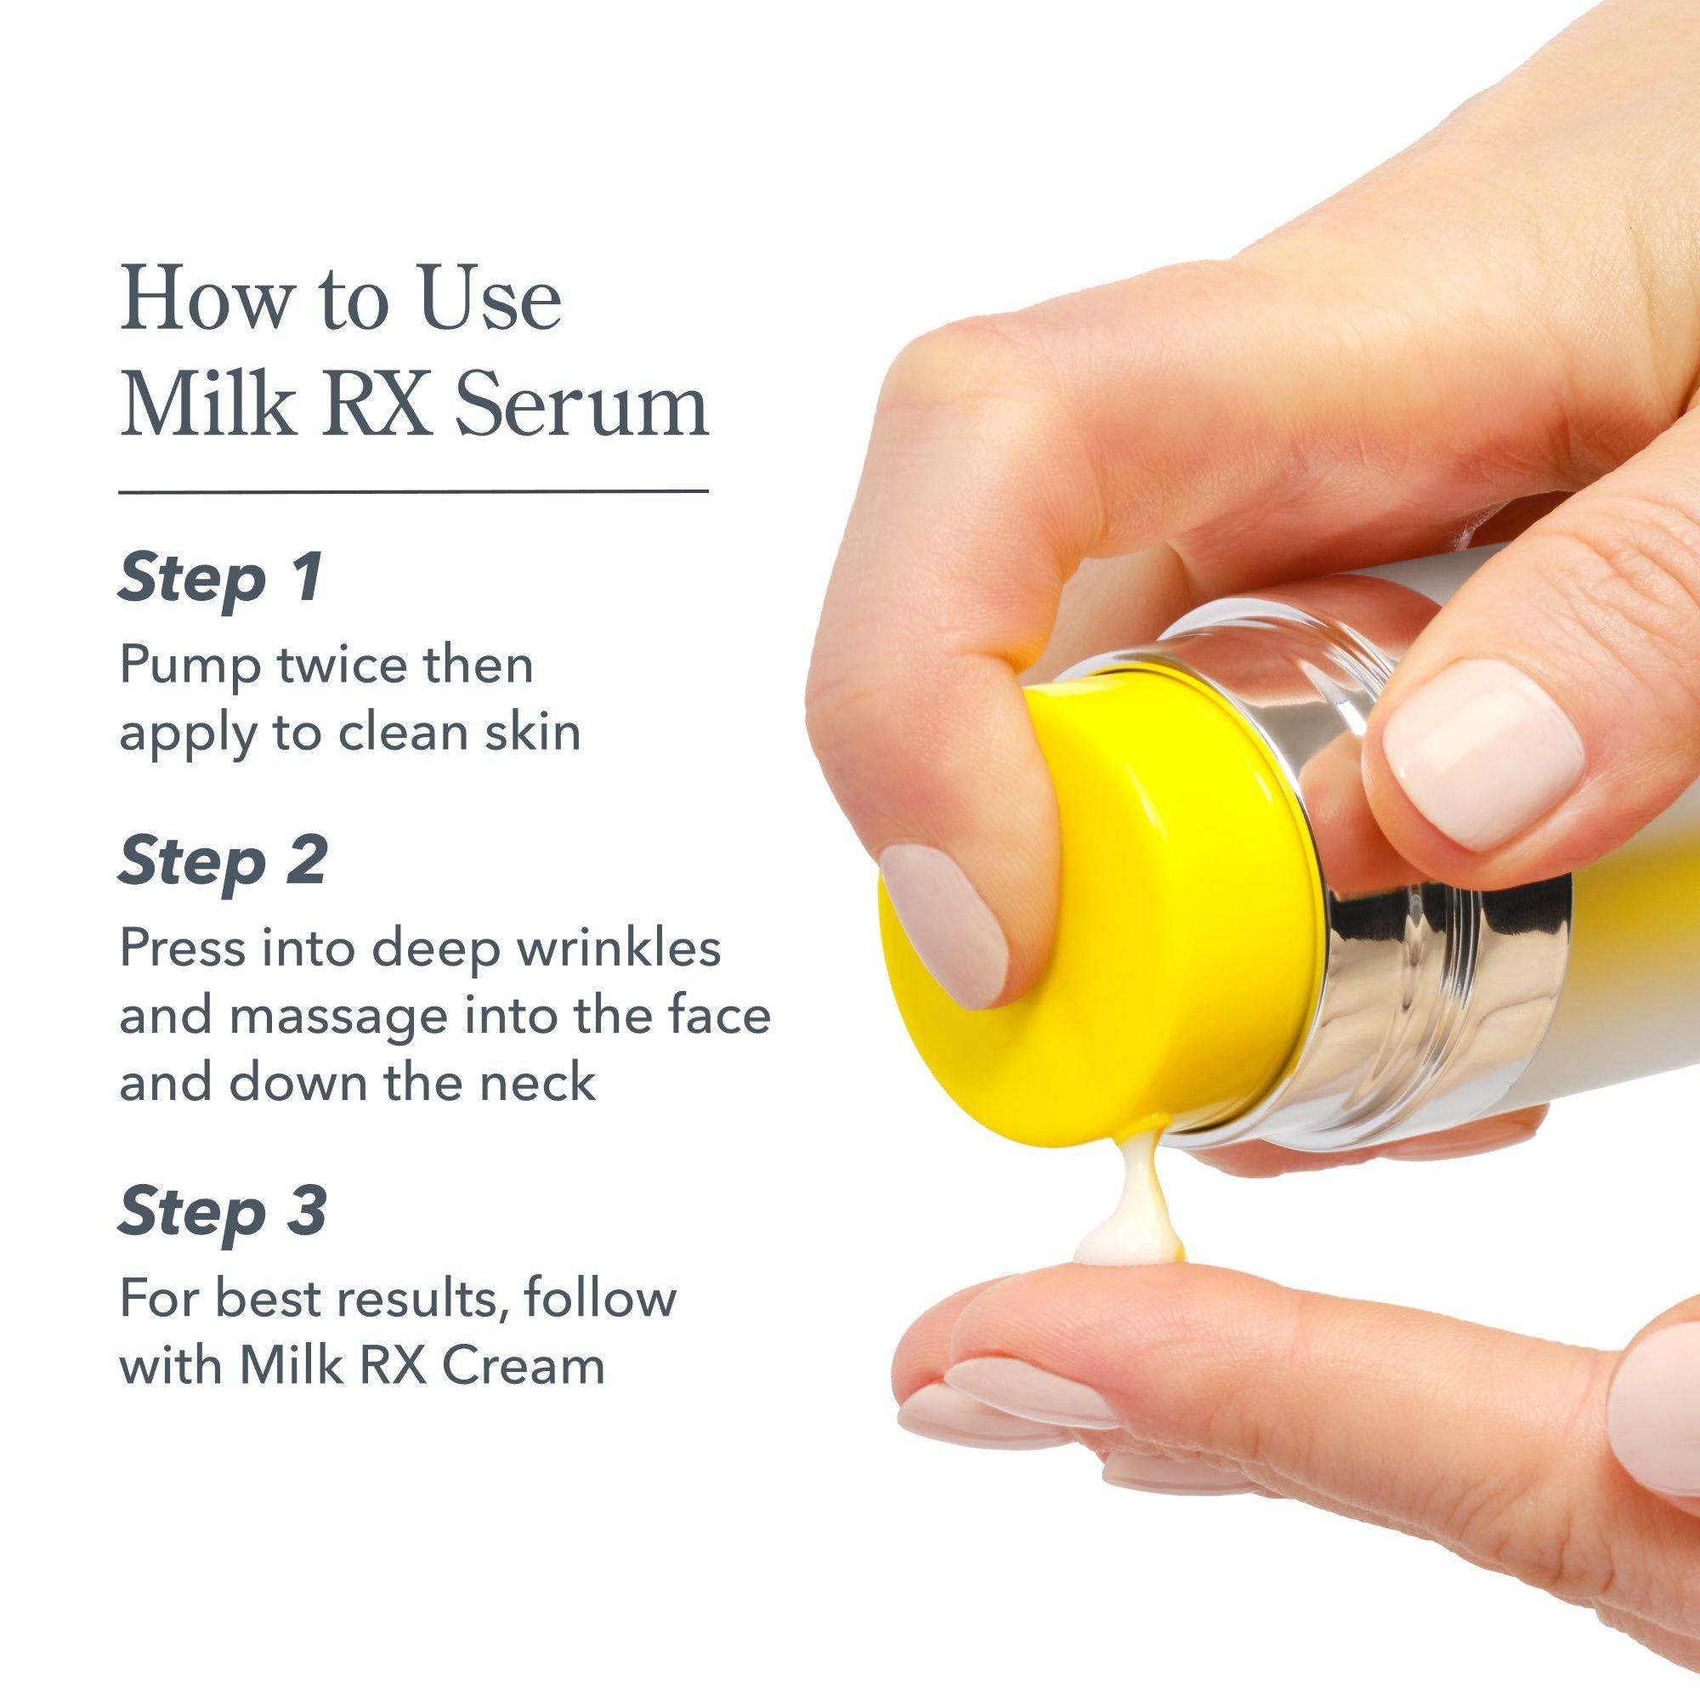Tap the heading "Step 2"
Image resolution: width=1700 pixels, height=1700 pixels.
(224, 860)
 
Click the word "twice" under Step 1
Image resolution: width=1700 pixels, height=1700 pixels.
(339, 666)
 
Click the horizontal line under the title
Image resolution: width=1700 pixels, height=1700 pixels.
(414, 491)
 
